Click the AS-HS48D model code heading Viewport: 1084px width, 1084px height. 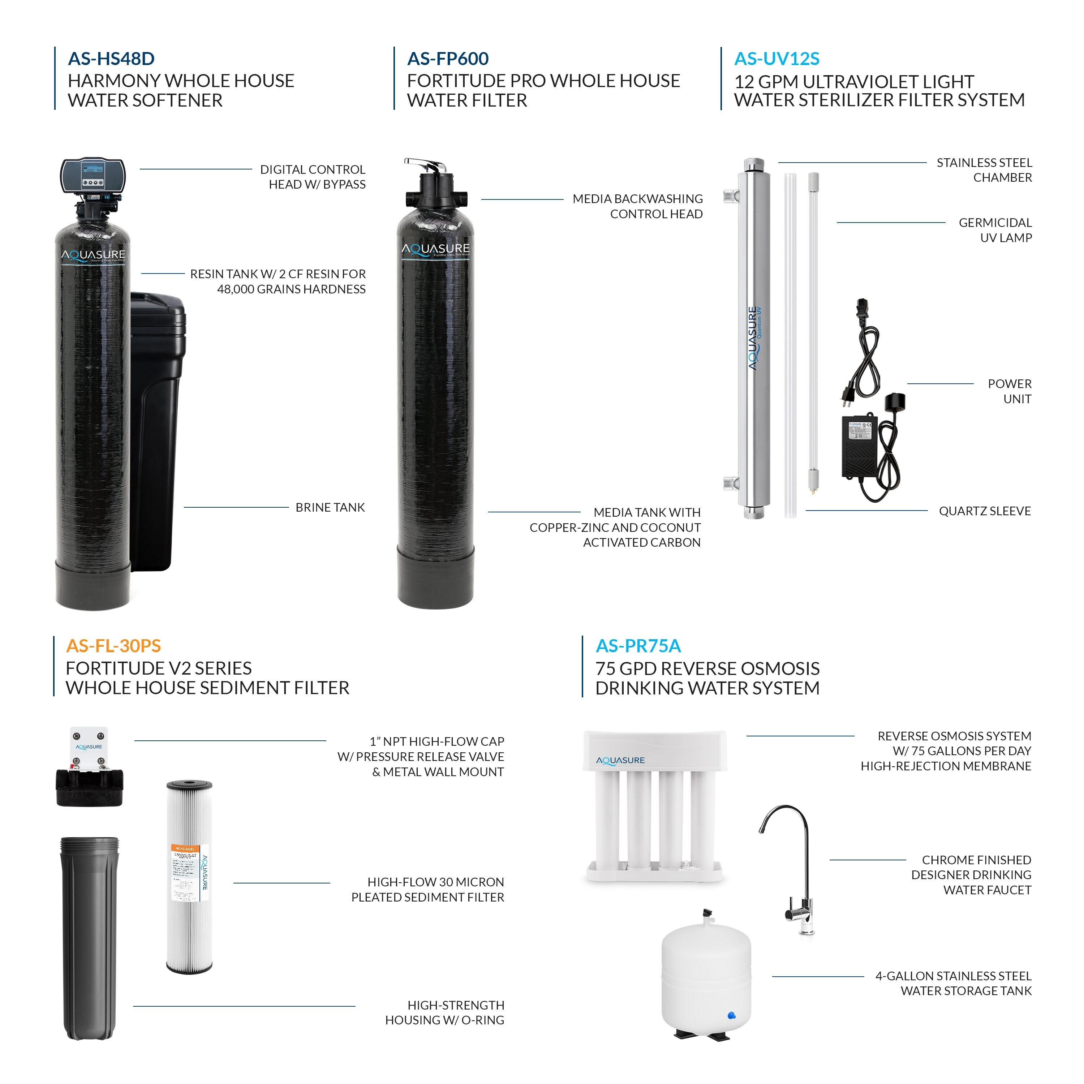(111, 58)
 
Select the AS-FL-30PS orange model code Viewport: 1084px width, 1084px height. (113, 646)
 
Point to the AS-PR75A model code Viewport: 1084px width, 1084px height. (638, 646)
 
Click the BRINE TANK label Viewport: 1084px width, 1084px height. (330, 507)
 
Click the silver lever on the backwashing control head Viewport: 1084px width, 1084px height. (426, 165)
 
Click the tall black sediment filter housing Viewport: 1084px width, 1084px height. (90, 937)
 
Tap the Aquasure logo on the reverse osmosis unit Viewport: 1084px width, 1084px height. (620, 760)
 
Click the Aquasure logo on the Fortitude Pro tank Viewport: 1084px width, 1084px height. (435, 249)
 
